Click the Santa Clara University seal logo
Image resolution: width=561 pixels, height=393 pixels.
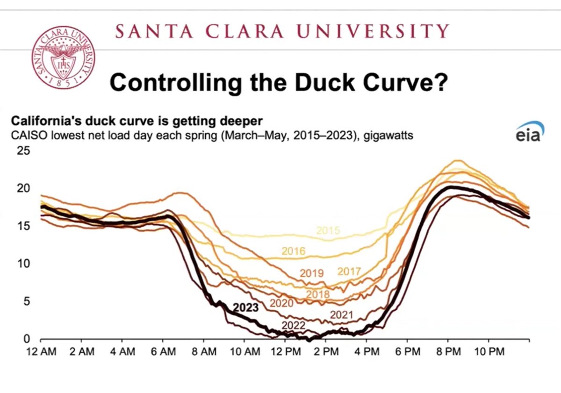tap(63, 57)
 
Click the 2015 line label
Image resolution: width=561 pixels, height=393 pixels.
tap(328, 230)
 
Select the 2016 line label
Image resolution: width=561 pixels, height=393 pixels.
tap(293, 251)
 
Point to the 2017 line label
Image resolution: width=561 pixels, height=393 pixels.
tap(349, 272)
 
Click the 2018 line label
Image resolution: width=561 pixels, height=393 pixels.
tap(318, 294)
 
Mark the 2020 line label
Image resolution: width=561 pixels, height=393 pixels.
tap(281, 303)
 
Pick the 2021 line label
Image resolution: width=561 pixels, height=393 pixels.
tap(341, 315)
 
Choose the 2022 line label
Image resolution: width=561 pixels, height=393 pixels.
tap(294, 325)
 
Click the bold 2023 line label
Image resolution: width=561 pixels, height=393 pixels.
tap(246, 307)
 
